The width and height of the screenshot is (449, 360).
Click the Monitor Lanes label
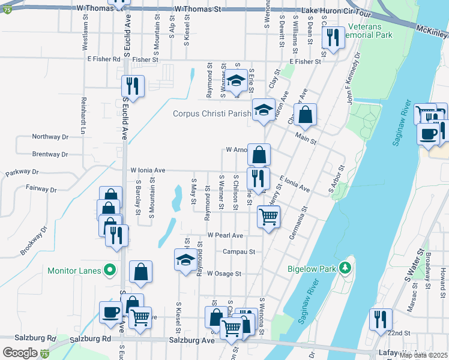(74, 271)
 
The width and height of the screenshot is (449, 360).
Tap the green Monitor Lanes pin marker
(110, 271)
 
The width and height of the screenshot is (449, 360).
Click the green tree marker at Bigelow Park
(345, 267)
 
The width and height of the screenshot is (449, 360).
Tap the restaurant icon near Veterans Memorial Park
(332, 38)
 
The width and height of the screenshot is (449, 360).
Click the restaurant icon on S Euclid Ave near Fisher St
(133, 86)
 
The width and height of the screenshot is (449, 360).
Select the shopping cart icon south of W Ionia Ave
(268, 216)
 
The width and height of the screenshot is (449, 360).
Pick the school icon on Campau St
(185, 260)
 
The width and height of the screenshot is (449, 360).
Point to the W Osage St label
(224, 274)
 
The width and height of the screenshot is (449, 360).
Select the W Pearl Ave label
(225, 235)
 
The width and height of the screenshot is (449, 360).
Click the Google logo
(20, 353)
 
